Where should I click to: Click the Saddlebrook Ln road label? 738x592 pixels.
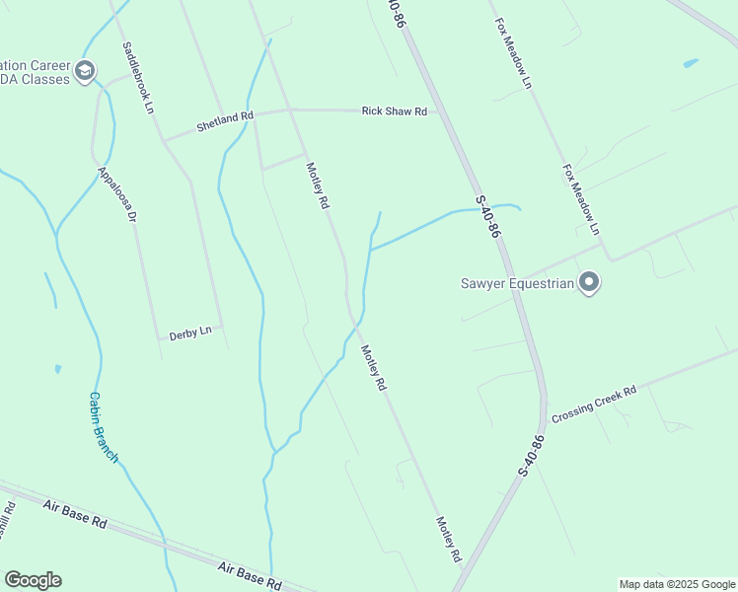(139, 76)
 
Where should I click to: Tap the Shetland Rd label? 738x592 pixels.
(225, 121)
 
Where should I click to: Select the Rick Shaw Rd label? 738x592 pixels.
(394, 111)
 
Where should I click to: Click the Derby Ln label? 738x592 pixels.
(190, 333)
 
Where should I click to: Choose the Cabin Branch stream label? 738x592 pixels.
(103, 427)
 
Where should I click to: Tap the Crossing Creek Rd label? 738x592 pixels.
(594, 404)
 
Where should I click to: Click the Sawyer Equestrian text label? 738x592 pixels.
(517, 284)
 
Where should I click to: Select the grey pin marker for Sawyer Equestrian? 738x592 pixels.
(589, 283)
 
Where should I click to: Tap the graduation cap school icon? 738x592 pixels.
(85, 69)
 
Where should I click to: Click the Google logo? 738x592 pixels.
(33, 580)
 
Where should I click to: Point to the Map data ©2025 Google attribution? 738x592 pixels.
(677, 584)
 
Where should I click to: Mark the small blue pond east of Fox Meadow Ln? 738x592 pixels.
(691, 63)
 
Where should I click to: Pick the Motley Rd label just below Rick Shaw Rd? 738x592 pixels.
(318, 185)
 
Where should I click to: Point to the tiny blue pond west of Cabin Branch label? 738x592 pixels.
(57, 369)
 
